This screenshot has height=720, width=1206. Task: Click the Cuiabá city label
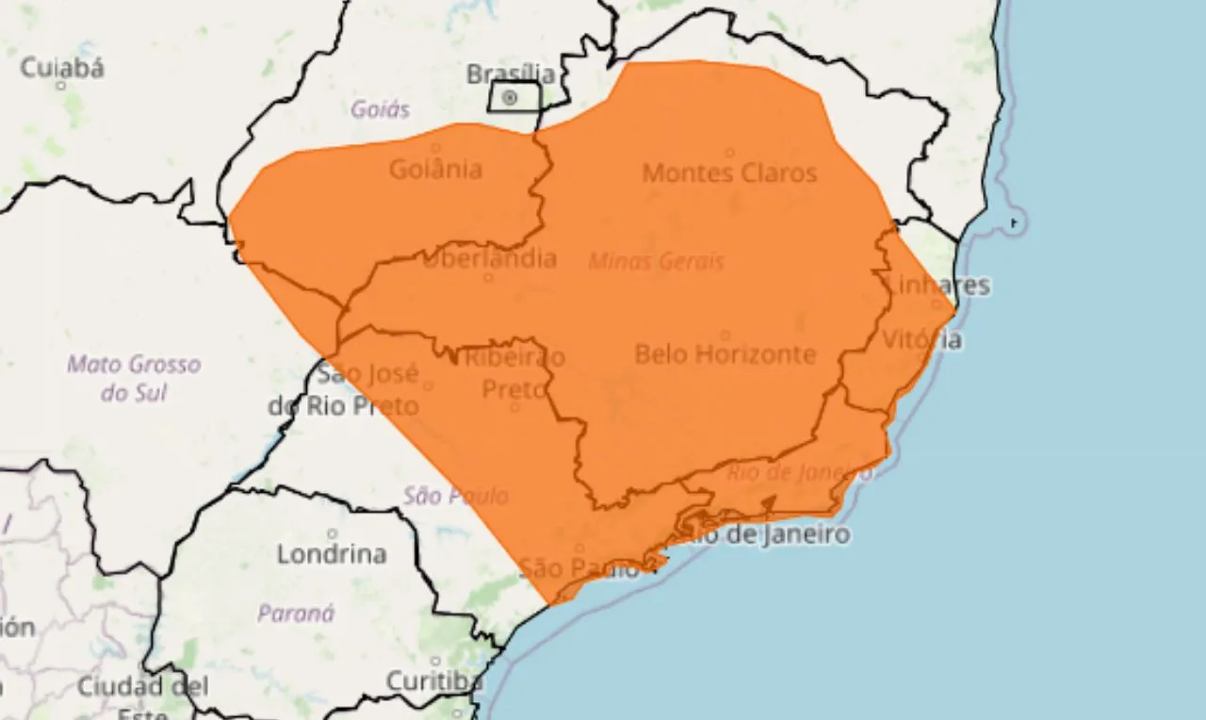62,67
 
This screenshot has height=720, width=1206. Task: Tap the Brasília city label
512,74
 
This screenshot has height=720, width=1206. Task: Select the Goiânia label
435,170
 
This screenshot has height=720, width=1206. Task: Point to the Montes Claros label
729,173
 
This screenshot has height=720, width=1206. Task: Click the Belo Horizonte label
725,354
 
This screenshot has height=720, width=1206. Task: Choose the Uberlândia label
489,258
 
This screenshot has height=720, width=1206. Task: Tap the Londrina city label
332,554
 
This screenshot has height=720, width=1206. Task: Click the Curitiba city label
434,680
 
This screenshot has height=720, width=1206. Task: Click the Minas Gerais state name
656,261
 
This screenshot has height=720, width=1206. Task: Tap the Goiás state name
381,109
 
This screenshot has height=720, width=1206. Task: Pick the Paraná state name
296,614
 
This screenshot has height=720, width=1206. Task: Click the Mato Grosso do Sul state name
134,377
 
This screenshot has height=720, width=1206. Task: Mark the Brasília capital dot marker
510,97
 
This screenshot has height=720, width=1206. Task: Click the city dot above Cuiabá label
61,86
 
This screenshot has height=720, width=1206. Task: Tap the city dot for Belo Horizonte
725,335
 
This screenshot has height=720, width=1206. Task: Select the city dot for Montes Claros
730,153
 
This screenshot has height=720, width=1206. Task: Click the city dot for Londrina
332,534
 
